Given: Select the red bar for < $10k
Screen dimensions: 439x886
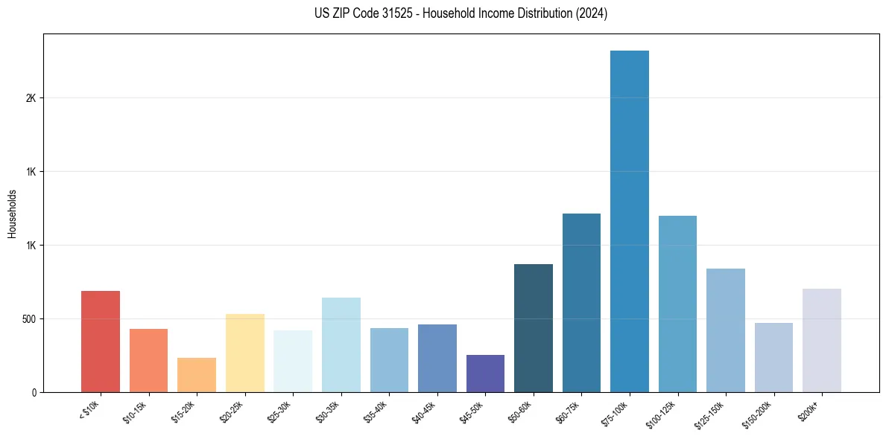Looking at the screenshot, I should point(100,342).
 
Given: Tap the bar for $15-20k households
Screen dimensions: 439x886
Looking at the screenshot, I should point(196,375).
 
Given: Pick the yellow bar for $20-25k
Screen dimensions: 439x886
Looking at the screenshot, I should point(244,353).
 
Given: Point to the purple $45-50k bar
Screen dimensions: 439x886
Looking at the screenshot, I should point(485,374).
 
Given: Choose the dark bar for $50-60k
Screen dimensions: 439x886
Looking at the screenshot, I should point(533,328).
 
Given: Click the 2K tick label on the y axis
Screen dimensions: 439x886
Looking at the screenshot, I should point(30,98).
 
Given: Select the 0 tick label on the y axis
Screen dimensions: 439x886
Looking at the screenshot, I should point(34,392).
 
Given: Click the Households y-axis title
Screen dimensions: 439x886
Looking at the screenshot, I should point(12,214).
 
